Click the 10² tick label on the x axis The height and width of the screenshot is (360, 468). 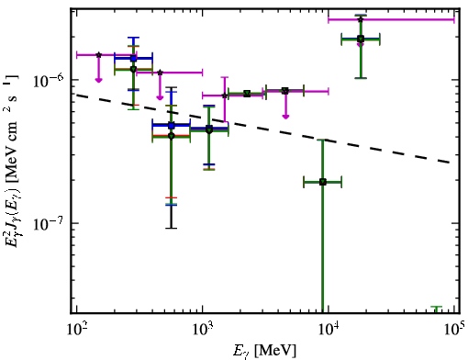pos(76,329)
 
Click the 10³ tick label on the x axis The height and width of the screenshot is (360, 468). pos(203,329)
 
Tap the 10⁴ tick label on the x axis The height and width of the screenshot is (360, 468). pos(329,329)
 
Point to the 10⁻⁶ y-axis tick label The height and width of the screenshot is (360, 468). pos(49,80)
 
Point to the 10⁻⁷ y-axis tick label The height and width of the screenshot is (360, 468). pos(49,223)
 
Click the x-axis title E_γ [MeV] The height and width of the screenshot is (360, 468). pos(264,351)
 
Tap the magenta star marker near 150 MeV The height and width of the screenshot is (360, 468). pos(98,55)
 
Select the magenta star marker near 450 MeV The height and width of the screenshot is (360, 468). pos(160,73)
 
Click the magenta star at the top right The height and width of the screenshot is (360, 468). pos(361,19)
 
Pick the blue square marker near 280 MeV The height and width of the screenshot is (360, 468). pos(133,58)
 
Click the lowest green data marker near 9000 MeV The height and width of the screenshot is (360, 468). pos(322,182)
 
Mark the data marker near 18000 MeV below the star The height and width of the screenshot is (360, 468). pos(361,39)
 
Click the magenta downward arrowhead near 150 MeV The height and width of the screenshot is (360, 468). pos(98,80)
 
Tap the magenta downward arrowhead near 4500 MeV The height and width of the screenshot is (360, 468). pos(285,117)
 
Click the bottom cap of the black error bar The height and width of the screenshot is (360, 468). pos(172,228)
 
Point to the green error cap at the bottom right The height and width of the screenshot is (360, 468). pos(437,307)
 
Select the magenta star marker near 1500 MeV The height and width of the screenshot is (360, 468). pos(225,96)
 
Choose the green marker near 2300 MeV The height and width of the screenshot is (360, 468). pos(247,94)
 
